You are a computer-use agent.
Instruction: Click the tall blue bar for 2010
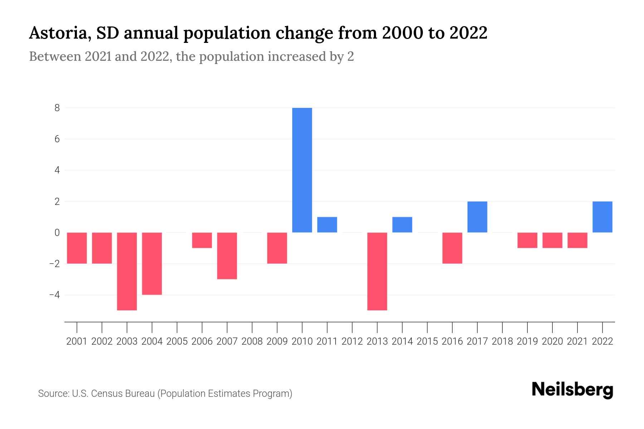(x=302, y=170)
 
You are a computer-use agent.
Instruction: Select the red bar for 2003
(x=127, y=271)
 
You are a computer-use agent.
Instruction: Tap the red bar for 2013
(x=377, y=271)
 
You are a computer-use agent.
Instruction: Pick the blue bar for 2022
(x=602, y=217)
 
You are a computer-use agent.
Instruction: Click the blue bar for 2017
(x=477, y=217)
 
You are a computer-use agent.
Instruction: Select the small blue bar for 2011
(x=327, y=225)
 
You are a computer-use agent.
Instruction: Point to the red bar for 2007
(x=227, y=256)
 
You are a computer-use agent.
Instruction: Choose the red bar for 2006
(x=202, y=240)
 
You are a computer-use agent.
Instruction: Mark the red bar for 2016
(x=452, y=248)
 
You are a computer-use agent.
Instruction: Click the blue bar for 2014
(x=402, y=225)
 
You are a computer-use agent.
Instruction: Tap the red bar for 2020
(x=552, y=240)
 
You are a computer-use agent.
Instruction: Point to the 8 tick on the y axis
(x=57, y=108)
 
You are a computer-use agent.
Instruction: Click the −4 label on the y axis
(x=54, y=295)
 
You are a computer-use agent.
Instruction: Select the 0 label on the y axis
(x=57, y=233)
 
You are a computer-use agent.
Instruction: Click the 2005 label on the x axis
(x=177, y=341)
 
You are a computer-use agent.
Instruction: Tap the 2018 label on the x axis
(x=502, y=341)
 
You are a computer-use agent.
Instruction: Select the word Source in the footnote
(x=53, y=394)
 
